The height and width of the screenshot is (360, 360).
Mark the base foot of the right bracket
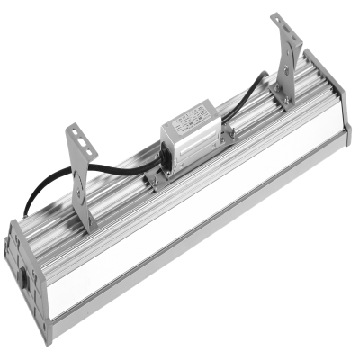pos(284,102)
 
